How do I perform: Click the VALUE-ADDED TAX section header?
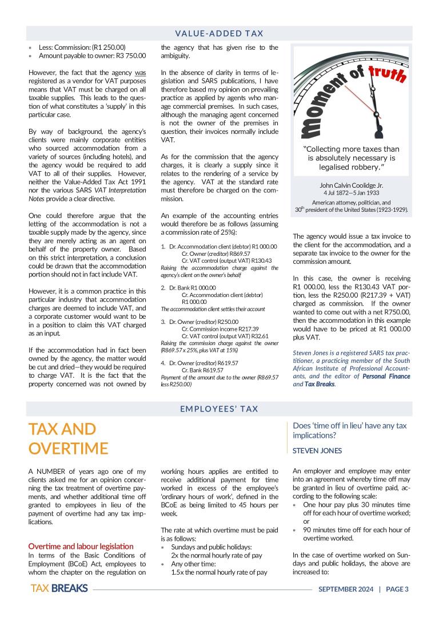pos(219,34)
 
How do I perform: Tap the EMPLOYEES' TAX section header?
pos(219,409)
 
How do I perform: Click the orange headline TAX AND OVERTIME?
pos(68,438)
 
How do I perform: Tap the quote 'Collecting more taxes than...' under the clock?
pos(351,158)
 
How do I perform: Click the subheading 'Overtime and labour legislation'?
pos(81,546)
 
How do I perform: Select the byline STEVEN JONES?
pos(317,450)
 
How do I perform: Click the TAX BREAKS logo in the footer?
pos(59,589)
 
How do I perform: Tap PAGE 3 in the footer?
pos(397,590)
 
